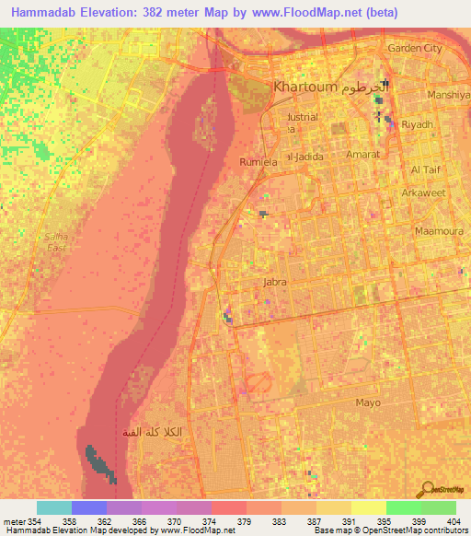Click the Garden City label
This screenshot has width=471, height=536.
[415, 48]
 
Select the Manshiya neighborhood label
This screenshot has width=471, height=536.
[449, 94]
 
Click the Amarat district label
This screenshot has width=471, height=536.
[362, 155]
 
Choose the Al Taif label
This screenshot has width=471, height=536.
[427, 170]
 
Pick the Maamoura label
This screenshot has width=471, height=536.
[436, 231]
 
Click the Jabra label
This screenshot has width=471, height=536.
[276, 283]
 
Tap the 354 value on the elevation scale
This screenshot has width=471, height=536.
[33, 522]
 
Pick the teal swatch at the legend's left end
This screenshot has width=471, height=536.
[53, 507]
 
